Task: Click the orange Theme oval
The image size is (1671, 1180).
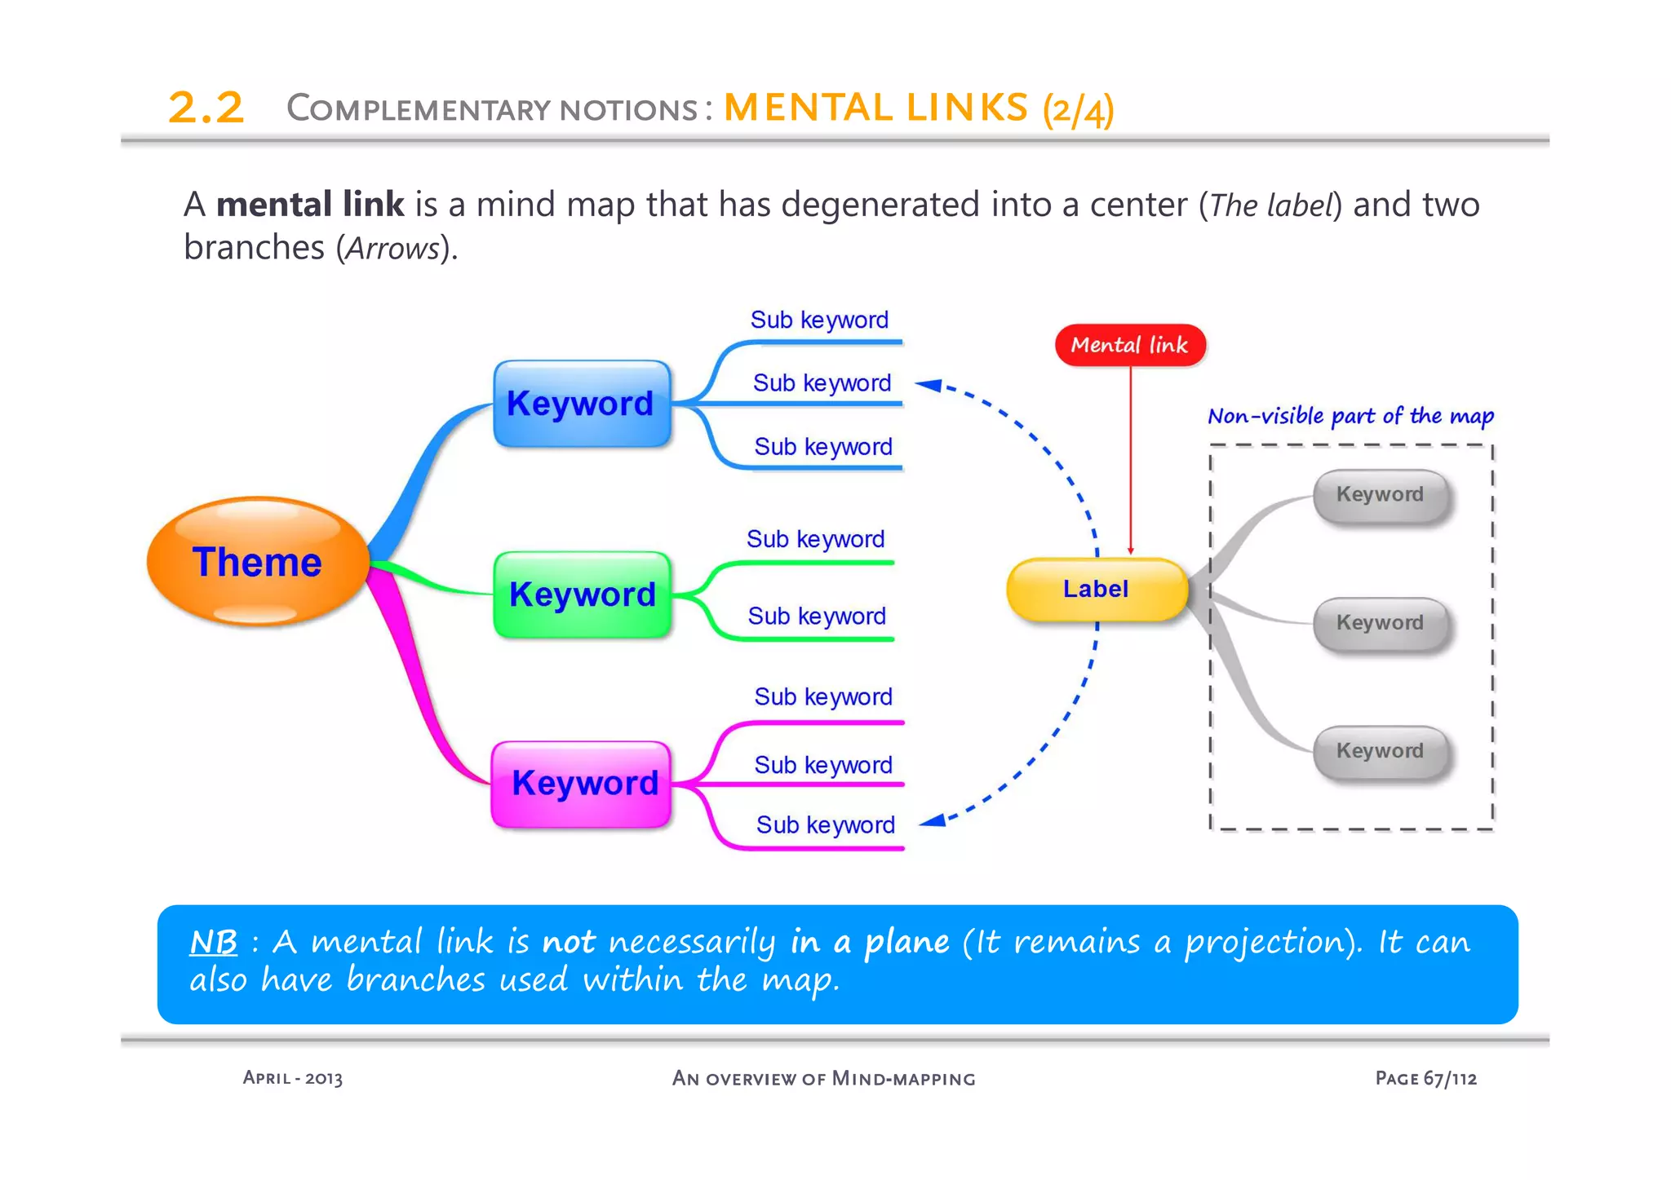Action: coord(258,562)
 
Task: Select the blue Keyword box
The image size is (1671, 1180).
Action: coord(582,404)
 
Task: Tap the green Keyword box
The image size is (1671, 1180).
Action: coord(582,594)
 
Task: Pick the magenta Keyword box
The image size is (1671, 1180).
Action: coord(582,784)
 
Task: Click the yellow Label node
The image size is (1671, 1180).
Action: coord(1096,590)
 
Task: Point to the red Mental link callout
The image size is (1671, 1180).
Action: coord(1129,346)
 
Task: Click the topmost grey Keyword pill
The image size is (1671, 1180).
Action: coord(1380,495)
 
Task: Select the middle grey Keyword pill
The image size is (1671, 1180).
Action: coord(1380,623)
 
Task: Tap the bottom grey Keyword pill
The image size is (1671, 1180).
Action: coord(1380,751)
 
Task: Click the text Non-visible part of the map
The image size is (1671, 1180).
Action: coord(1350,417)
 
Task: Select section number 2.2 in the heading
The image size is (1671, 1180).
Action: coord(206,108)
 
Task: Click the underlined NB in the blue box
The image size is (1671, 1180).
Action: coord(213,943)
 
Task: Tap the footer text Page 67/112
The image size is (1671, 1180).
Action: coord(1425,1078)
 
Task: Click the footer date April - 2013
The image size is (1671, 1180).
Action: coord(292,1078)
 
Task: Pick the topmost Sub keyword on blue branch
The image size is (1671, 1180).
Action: coord(819,320)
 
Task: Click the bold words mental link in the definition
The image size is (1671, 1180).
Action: coord(310,205)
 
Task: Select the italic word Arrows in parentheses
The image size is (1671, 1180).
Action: coord(392,249)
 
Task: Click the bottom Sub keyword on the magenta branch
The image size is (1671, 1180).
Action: coord(825,825)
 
